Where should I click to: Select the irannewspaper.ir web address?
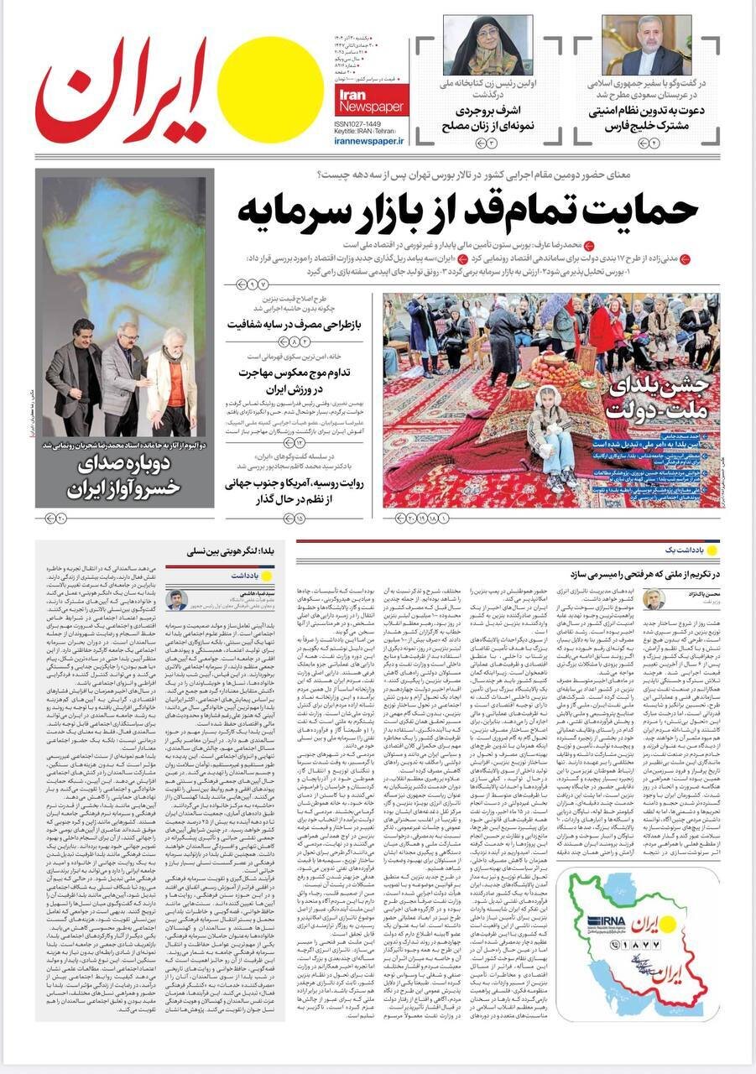[x=368, y=142]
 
